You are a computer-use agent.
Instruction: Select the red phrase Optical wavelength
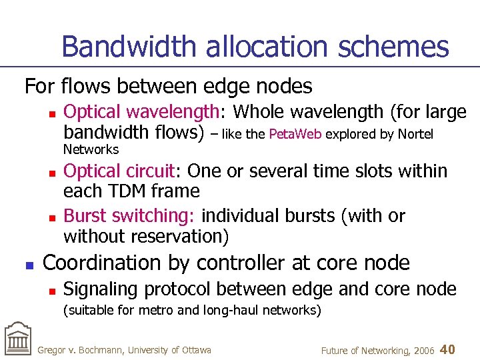click(x=141, y=112)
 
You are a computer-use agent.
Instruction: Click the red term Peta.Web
click(x=295, y=135)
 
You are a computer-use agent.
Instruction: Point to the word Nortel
click(x=415, y=135)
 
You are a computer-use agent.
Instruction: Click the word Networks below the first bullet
click(x=91, y=149)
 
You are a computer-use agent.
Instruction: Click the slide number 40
click(x=448, y=349)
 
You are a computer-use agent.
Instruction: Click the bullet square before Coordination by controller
click(x=28, y=265)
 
